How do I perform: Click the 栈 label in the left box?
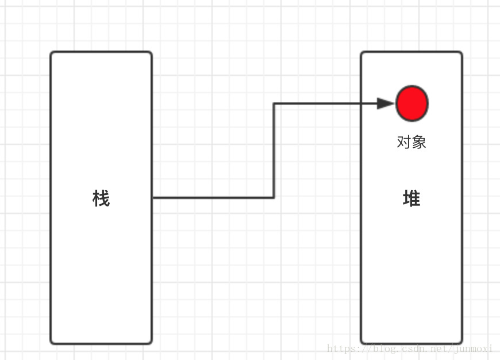[101, 198]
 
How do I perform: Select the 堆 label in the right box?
[411, 198]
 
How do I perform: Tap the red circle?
[412, 104]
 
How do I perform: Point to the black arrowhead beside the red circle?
[385, 104]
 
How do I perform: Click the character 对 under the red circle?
[404, 142]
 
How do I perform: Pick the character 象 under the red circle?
[419, 142]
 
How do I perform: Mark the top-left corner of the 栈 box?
[52, 53]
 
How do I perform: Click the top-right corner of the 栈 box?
[151, 53]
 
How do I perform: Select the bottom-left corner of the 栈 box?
[52, 343]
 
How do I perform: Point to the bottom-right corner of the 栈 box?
[151, 343]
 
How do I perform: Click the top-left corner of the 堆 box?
[362, 53]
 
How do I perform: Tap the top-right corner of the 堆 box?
[461, 53]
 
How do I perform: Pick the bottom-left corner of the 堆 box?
[362, 343]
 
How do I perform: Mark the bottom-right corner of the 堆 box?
[461, 343]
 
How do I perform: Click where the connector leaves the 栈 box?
[153, 198]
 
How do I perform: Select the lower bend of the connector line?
[274, 198]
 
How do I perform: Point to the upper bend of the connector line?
[274, 104]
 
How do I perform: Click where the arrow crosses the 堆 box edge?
[361, 104]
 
